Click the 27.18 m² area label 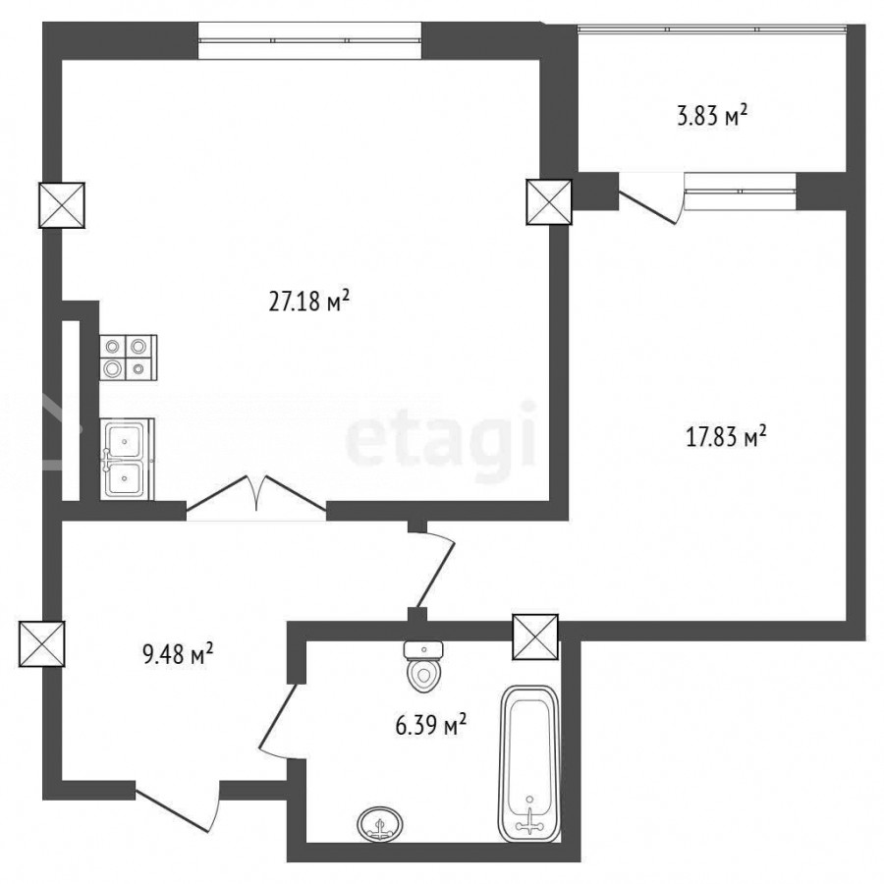point(309,302)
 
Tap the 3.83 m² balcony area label point(712,116)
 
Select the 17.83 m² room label point(726,437)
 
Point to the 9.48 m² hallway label point(178,655)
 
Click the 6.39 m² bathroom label point(431,725)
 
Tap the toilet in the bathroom point(424,666)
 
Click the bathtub point(529,764)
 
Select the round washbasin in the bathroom point(380,825)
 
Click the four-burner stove point(129,357)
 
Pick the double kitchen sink point(128,459)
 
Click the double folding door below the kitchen point(256,496)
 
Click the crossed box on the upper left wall point(62,205)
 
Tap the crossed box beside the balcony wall point(549,201)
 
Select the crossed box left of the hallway point(41,643)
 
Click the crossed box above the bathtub point(535,637)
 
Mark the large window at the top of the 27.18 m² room point(309,40)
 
